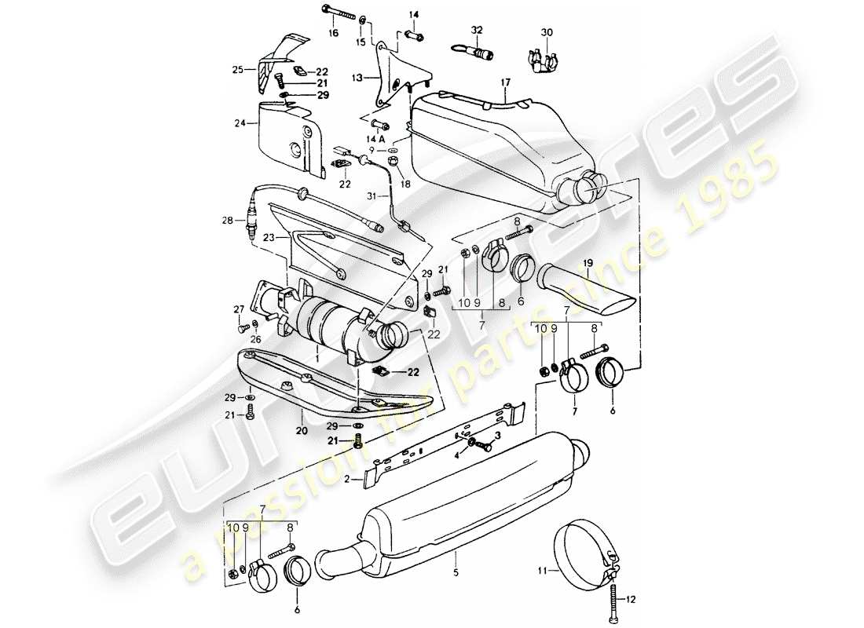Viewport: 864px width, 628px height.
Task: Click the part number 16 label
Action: [x=333, y=34]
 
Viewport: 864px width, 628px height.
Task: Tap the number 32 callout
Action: [x=476, y=31]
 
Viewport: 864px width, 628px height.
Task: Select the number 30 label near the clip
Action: [x=547, y=32]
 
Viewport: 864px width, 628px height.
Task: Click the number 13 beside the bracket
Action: [x=357, y=78]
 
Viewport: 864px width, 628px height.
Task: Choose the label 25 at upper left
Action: [x=238, y=70]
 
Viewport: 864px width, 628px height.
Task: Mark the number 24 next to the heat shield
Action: [x=240, y=123]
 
